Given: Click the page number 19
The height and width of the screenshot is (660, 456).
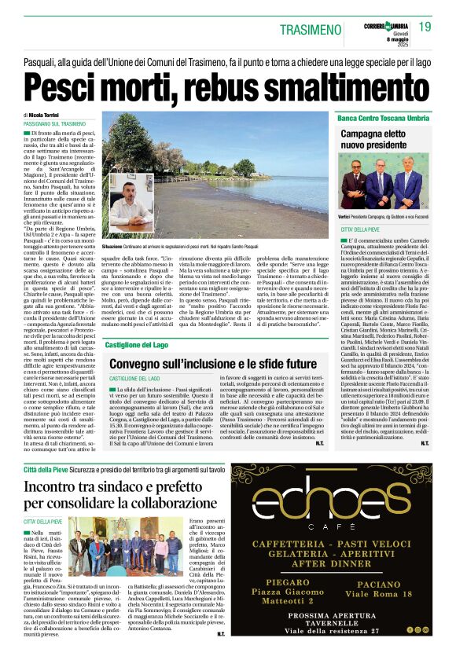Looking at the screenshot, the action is (x=425, y=27).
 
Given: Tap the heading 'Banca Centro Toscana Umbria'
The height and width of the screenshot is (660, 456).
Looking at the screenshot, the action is (x=383, y=118).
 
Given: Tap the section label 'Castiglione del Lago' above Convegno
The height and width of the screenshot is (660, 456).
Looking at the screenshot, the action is (x=139, y=344).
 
